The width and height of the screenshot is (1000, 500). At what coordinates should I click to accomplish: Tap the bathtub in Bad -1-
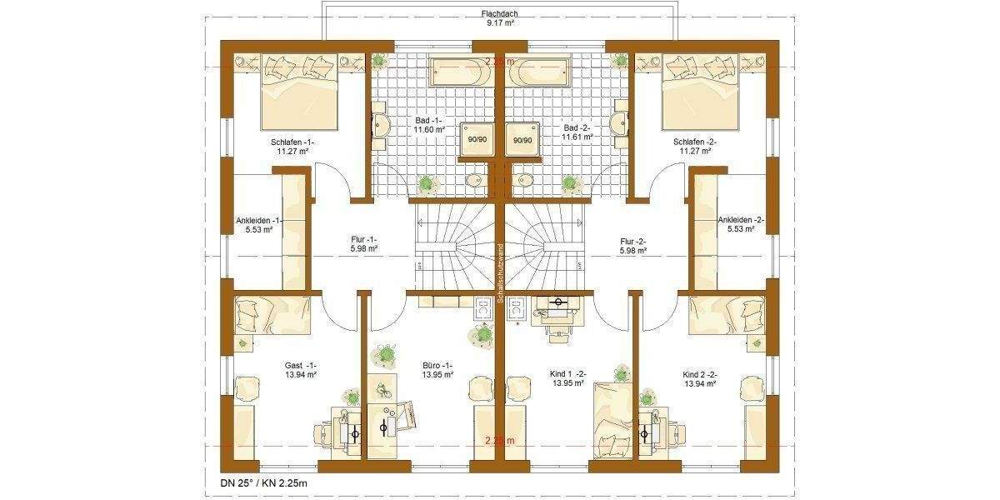pos(461,72)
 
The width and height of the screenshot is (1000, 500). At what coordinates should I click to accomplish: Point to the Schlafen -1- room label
pos(292,147)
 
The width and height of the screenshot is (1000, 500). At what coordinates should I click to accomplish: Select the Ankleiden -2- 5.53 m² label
pos(741,225)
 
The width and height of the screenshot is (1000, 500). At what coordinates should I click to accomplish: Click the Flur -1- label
pos(364,243)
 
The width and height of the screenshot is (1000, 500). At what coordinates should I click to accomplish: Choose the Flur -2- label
pos(633,243)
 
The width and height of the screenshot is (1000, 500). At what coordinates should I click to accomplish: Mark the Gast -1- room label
pos(300,370)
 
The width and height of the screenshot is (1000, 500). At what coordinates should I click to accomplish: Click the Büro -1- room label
pos(437,370)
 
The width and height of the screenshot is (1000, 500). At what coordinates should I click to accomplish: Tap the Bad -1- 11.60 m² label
pos(431,125)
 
